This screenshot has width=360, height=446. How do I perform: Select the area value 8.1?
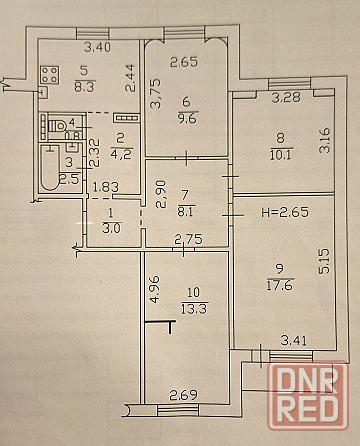pyautogui.click(x=185, y=211)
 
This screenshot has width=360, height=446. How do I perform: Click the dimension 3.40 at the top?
pyautogui.click(x=97, y=46)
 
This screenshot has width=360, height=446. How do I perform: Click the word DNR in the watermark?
pyautogui.click(x=311, y=381)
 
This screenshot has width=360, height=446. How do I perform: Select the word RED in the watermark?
pyautogui.click(x=311, y=413)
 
